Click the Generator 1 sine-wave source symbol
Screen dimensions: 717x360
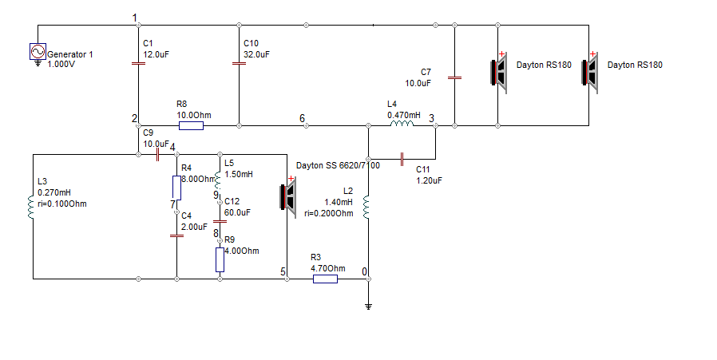38,52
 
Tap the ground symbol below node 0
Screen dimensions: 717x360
369,307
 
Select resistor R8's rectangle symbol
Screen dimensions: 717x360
191,126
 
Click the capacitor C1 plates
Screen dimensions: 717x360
138,63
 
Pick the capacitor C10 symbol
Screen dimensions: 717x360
239,63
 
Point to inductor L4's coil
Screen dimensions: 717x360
402,125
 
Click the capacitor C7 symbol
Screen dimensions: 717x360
454,77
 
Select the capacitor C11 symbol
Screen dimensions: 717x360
402,159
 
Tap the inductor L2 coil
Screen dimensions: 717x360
366,208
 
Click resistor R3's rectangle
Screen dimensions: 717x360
325,279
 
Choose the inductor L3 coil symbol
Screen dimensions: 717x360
31,208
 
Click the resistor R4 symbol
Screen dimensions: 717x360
177,188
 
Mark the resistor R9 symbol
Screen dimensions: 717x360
220,259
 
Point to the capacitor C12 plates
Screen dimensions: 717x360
220,221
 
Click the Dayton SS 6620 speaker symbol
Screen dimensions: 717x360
288,196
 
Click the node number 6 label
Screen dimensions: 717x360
303,118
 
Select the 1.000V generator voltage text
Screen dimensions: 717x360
61,65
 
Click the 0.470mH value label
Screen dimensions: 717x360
404,115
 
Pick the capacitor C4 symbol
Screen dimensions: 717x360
177,236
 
